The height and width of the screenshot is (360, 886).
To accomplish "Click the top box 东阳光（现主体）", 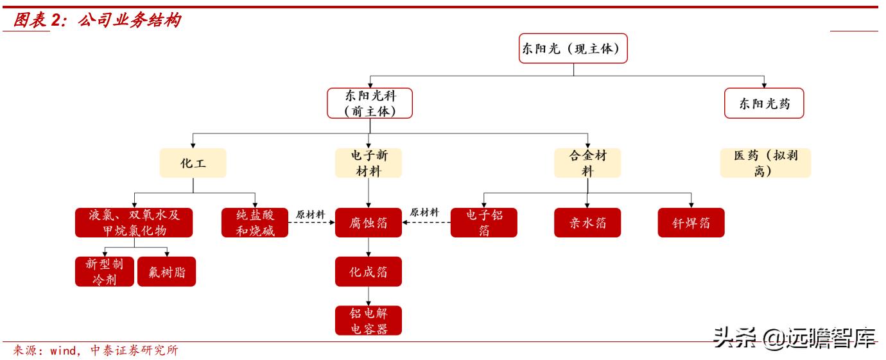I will coord(573,48).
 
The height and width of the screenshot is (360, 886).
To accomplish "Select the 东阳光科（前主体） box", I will coord(369,103).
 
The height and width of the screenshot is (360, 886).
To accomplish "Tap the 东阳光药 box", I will coord(764,103).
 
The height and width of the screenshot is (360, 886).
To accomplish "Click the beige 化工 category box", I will coord(193,163).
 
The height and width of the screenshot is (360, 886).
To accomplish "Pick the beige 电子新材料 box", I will coord(369,163).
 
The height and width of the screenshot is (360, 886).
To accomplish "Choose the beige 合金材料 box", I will coord(587,163).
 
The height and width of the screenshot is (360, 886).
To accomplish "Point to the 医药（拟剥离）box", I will coord(765,163).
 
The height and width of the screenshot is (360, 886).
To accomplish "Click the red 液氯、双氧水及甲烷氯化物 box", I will coord(135,223).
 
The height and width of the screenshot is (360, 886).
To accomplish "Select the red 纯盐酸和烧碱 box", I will coord(255,223).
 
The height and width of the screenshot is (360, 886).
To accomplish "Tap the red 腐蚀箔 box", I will coord(369,223).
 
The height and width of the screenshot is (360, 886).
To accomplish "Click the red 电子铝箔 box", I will coord(484,223).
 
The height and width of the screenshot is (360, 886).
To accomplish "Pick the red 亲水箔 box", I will coord(587,223).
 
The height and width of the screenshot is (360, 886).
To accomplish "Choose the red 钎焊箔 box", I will coord(691,223).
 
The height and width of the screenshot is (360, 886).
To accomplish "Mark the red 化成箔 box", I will coord(369,271).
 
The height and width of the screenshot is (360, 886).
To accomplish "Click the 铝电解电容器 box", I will coord(369,320).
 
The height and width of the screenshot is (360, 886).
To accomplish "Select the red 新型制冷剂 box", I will coord(104,271).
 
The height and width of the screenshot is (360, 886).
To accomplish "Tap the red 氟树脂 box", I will coord(166,271).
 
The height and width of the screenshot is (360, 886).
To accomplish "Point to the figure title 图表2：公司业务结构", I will coord(96,21).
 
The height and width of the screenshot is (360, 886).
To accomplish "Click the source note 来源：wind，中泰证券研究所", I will coord(95,350).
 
